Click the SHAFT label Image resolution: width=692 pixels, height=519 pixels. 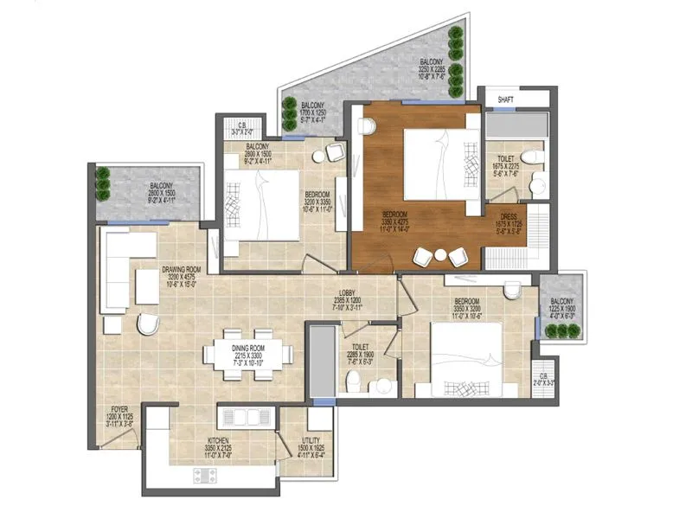(505, 99)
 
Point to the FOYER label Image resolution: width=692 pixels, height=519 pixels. (119, 409)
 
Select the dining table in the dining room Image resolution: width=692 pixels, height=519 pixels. (248, 354)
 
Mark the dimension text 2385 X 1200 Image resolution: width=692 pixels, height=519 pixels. (349, 300)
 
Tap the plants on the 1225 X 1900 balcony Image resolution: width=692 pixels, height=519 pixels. (563, 330)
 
